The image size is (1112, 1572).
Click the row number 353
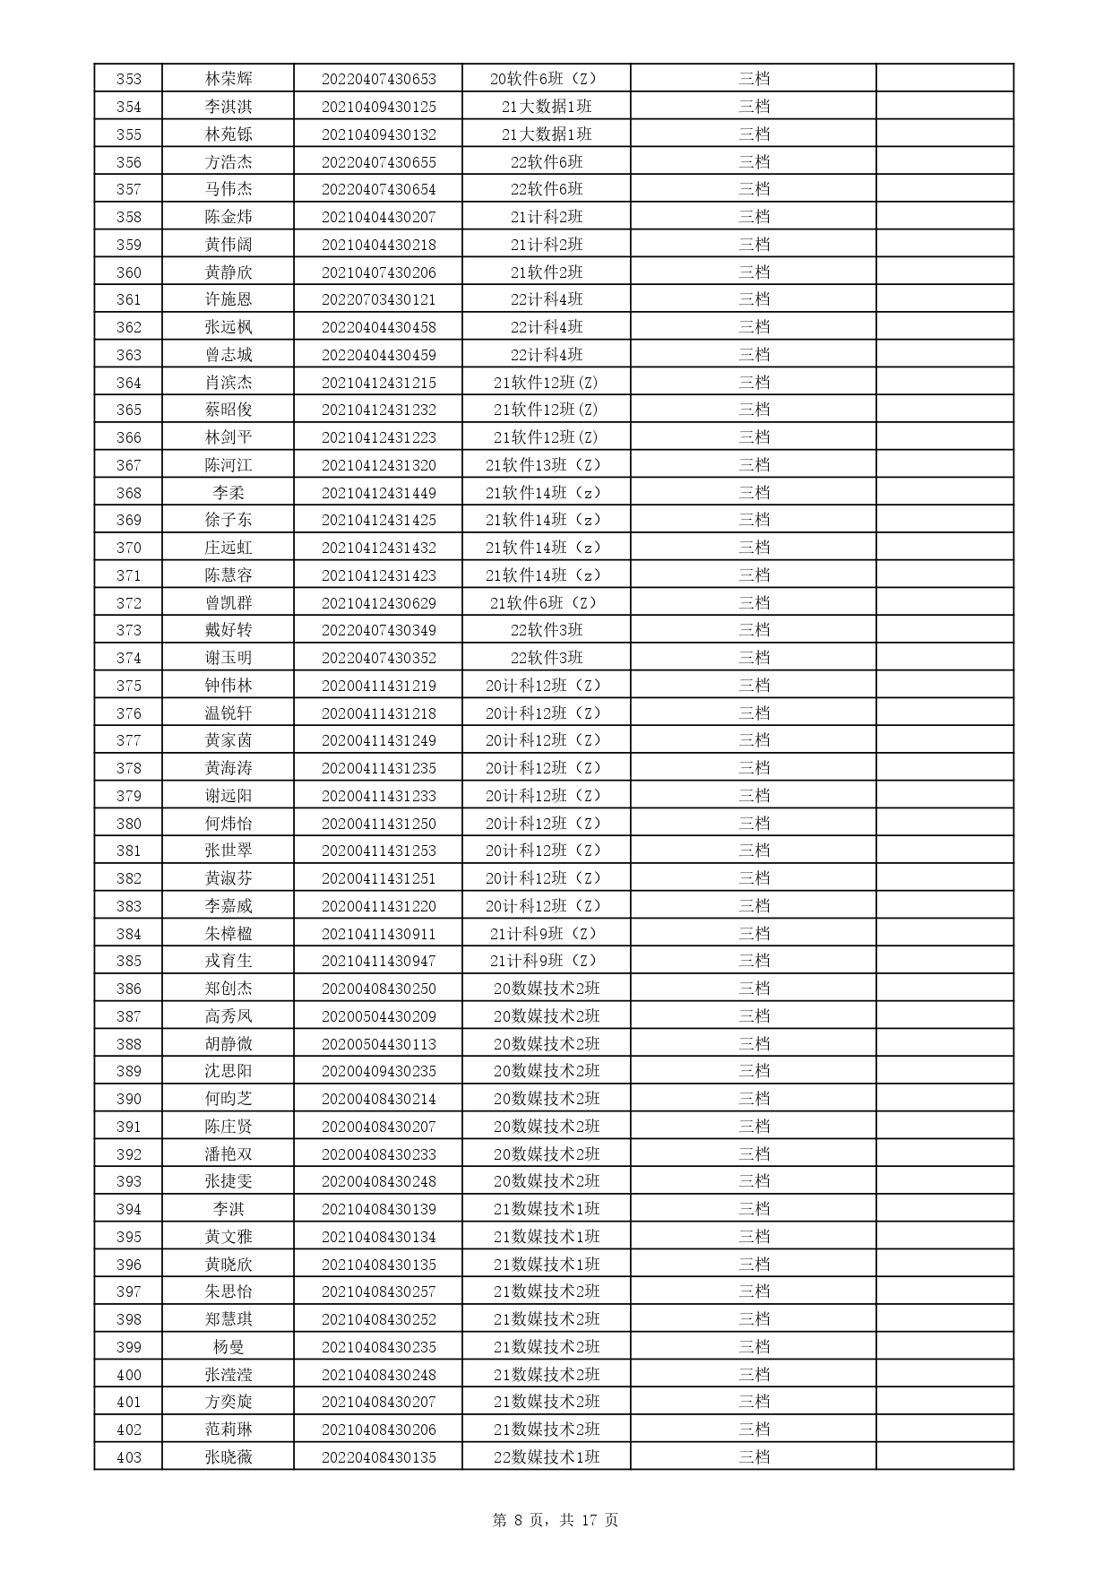pyautogui.click(x=129, y=79)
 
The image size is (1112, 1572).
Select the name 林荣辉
pyautogui.click(x=228, y=79)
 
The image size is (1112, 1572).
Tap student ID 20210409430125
pyautogui.click(x=378, y=107)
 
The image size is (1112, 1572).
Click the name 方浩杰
pyautogui.click(x=228, y=162)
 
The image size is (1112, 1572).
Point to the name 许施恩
pyautogui.click(x=228, y=299)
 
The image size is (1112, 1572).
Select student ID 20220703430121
pyautogui.click(x=378, y=299)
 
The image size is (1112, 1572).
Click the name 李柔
pyautogui.click(x=228, y=493)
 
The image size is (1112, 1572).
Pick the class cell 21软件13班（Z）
pyautogui.click(x=547, y=465)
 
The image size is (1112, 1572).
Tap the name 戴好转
pyautogui.click(x=228, y=630)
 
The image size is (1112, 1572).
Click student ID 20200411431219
pyautogui.click(x=378, y=686)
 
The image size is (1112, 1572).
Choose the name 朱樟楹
pyautogui.click(x=228, y=934)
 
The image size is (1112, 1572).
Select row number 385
pyautogui.click(x=129, y=961)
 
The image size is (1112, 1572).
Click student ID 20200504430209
pyautogui.click(x=378, y=1016)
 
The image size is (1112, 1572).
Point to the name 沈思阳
pyautogui.click(x=228, y=1071)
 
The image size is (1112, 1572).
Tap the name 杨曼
pyautogui.click(x=228, y=1347)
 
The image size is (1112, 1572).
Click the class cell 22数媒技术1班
pyautogui.click(x=547, y=1457)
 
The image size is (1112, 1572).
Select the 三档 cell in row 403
pyautogui.click(x=754, y=1457)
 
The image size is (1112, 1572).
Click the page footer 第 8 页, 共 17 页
pyautogui.click(x=556, y=1520)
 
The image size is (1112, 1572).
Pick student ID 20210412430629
pyautogui.click(x=378, y=603)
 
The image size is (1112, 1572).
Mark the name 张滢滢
pyautogui.click(x=228, y=1375)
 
